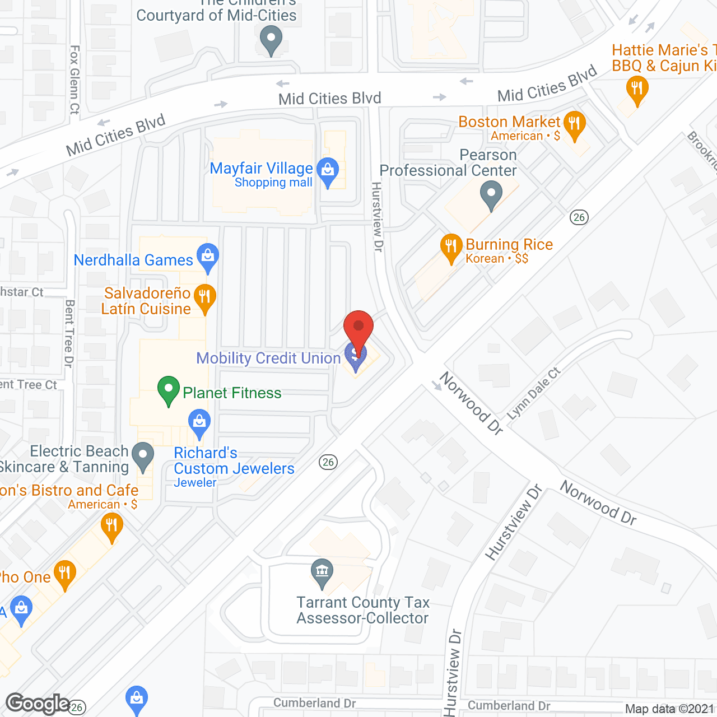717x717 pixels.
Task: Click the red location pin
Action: [358, 328]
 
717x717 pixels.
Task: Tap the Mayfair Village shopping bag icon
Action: [328, 170]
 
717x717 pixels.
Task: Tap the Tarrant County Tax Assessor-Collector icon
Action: [322, 572]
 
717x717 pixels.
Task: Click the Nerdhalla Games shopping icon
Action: [208, 257]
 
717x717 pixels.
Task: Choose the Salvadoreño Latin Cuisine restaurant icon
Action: [205, 297]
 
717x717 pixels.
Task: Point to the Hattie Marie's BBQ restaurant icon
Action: [637, 89]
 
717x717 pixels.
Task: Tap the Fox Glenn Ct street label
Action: [75, 80]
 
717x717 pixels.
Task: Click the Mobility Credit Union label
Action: [268, 358]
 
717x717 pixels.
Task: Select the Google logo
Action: [38, 704]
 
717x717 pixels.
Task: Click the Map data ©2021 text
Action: [669, 709]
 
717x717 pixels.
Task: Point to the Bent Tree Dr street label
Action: [69, 334]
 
